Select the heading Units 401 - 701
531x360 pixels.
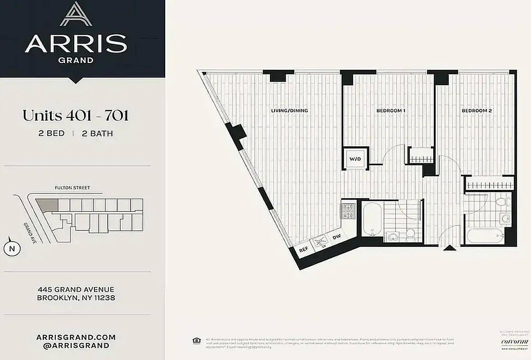click(75, 116)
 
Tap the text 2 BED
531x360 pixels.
click(52, 133)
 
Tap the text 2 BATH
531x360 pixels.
click(98, 133)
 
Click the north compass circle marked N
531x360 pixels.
click(11, 248)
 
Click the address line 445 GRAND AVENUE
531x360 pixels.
click(76, 289)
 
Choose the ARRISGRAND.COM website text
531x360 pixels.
click(76, 337)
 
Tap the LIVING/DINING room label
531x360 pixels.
click(289, 110)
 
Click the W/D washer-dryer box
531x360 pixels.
click(355, 158)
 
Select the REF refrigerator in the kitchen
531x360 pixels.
click(303, 248)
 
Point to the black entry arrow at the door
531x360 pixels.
click(448, 248)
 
